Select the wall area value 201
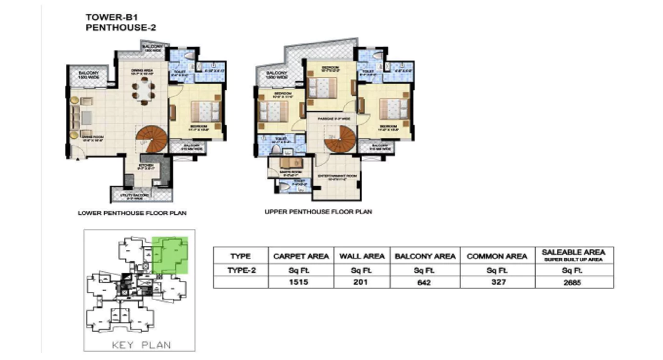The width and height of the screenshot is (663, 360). click(x=361, y=282)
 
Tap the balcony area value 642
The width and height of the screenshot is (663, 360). click(x=425, y=282)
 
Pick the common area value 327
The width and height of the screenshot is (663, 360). click(x=497, y=282)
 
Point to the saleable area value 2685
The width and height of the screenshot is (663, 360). click(x=573, y=282)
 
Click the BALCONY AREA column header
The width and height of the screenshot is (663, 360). click(x=425, y=256)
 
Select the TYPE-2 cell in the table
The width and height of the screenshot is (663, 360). click(x=240, y=269)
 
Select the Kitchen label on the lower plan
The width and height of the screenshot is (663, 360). click(x=146, y=166)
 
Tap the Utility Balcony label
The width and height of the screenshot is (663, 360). click(x=141, y=196)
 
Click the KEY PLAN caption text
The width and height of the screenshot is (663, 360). click(x=141, y=345)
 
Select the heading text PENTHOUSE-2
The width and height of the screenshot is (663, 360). click(x=120, y=28)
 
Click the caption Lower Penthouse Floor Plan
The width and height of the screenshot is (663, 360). click(x=132, y=213)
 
